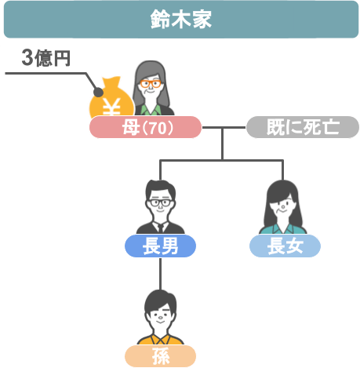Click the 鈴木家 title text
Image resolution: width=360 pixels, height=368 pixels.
click(181, 19)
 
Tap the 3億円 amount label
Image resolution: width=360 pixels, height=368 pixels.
click(46, 58)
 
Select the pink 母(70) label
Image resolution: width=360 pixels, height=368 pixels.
click(145, 127)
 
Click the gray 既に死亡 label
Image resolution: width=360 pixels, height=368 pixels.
click(303, 127)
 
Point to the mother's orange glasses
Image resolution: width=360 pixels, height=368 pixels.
click(151, 84)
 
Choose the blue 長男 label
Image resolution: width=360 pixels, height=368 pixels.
click(160, 246)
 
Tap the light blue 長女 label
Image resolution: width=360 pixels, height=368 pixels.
click(285, 246)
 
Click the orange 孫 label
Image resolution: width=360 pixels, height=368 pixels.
click(160, 356)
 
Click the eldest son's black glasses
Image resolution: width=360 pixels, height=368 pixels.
click(160, 202)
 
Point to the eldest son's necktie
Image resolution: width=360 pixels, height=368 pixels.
click(161, 228)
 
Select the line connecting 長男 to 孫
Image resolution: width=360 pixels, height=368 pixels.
click(160, 274)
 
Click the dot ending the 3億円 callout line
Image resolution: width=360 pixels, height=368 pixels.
click(98, 93)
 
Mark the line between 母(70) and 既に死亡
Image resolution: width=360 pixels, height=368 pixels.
click(224, 127)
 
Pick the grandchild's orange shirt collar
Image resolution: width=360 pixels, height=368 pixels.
click(161, 339)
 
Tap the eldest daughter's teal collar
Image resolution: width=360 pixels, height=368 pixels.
click(283, 228)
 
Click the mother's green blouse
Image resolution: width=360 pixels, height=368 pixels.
click(151, 110)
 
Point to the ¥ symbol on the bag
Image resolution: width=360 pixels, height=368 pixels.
click(111, 107)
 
